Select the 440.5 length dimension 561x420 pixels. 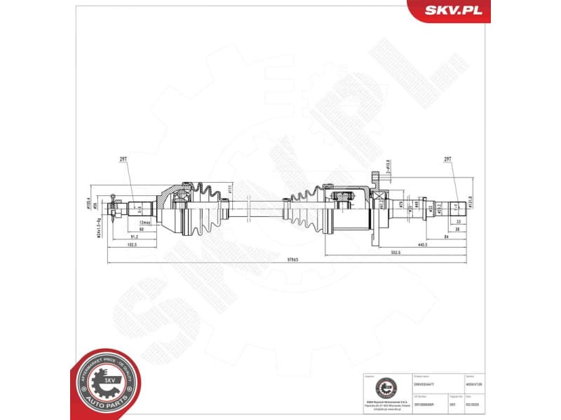pos(421,244)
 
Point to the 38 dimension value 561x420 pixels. pos(457,229)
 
